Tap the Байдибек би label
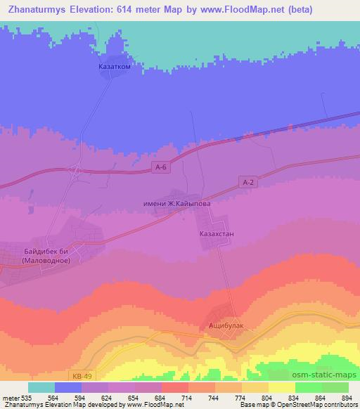click(44, 250)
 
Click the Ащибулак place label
click(226, 326)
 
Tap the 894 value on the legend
click(345, 398)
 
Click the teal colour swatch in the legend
click(41, 388)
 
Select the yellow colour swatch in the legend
click(281, 388)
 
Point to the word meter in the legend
click(10, 398)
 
